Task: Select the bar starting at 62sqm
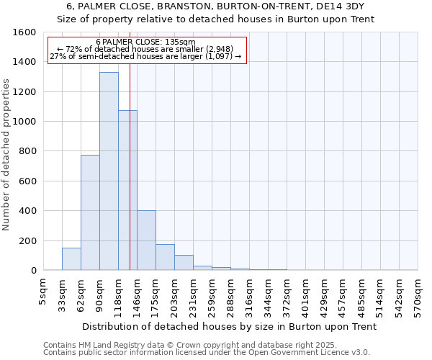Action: coord(90,212)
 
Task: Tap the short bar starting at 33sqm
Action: coord(71,259)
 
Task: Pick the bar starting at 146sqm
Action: coord(146,240)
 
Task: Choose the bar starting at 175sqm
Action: coord(165,257)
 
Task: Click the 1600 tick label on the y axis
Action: coord(24,32)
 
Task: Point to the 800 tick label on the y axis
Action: coord(27,151)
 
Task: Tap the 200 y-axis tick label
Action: coord(27,240)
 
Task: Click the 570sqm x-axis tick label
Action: coord(418,293)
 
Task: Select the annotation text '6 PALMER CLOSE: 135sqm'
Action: coord(145,42)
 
